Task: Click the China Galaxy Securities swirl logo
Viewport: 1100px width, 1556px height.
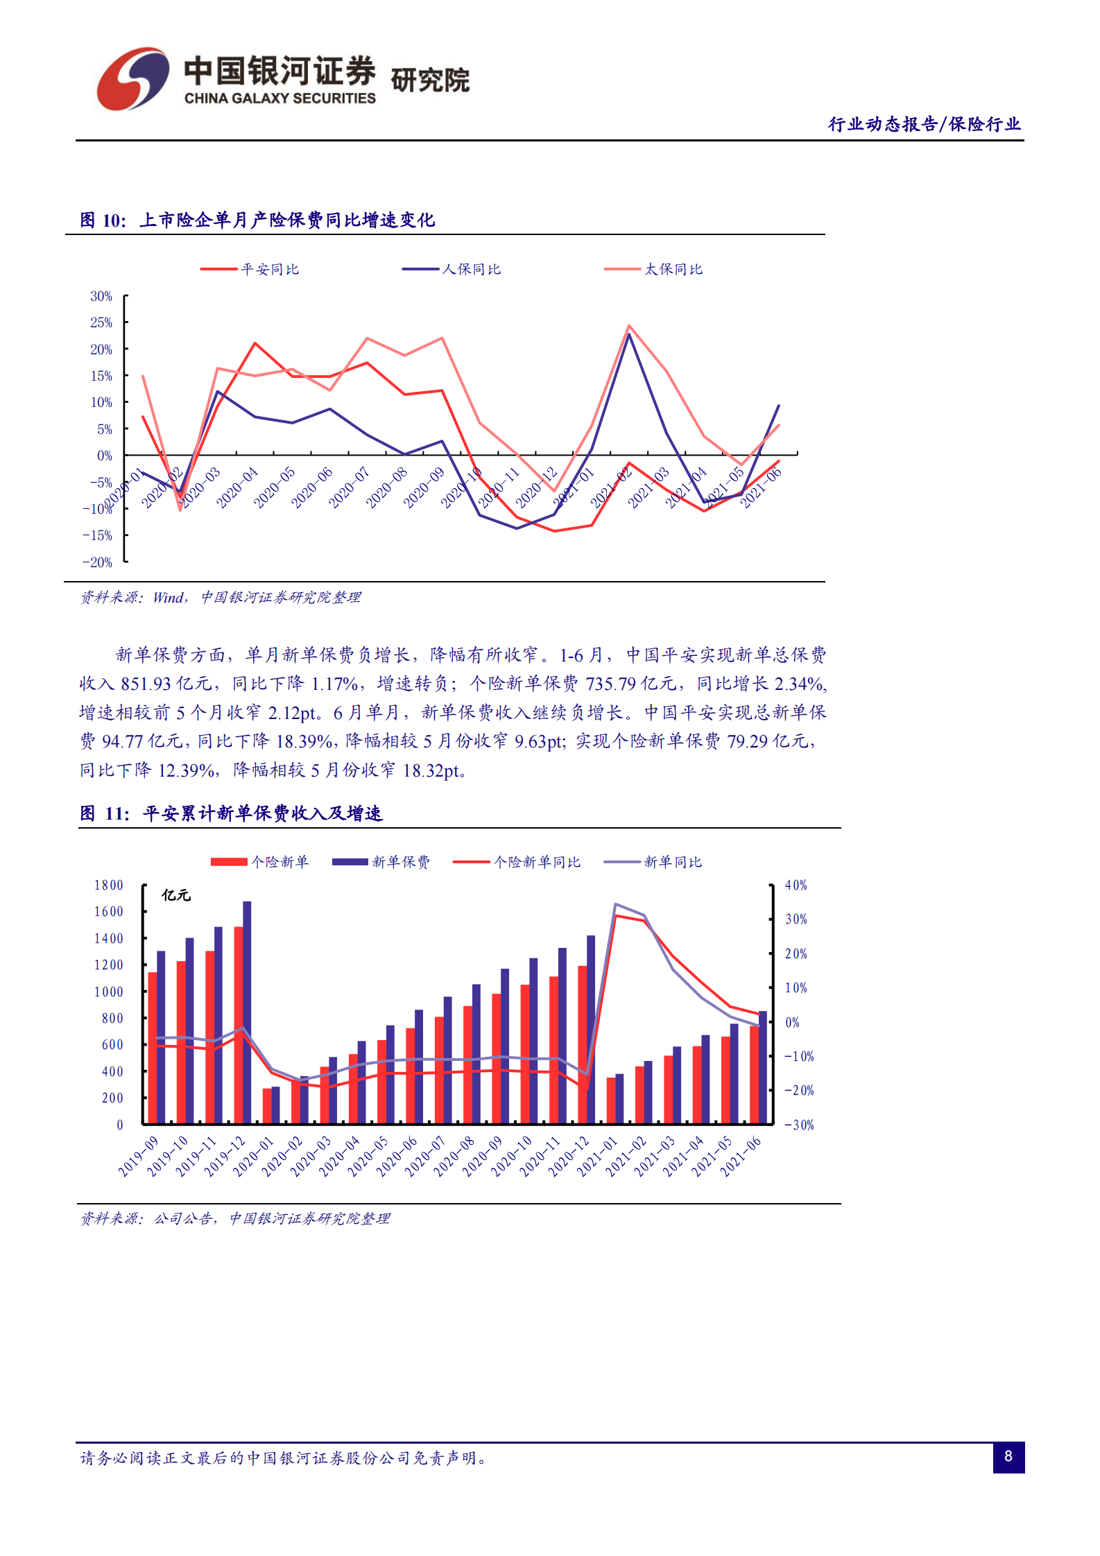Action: (x=132, y=79)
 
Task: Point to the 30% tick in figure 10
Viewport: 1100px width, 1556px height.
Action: (x=101, y=296)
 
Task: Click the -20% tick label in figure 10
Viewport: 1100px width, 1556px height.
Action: (x=98, y=562)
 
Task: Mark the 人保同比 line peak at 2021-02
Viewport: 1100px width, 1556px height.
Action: (x=629, y=335)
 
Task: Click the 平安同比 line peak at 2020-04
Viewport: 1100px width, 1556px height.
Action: (x=255, y=343)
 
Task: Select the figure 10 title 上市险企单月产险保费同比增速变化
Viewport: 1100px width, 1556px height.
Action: (x=287, y=221)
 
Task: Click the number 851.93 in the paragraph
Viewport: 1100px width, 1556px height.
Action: (x=146, y=684)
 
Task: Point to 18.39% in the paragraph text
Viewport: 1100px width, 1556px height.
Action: (x=304, y=741)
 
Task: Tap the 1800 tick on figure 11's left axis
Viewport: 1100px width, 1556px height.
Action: (x=109, y=885)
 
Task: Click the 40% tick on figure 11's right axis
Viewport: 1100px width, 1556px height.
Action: (x=796, y=885)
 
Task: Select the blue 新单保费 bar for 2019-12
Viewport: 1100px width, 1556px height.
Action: (x=247, y=1012)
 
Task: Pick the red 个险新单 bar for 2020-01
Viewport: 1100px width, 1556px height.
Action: (x=267, y=1106)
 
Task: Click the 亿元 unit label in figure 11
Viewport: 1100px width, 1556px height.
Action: (x=176, y=895)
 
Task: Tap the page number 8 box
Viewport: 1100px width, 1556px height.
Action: (x=1008, y=1456)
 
